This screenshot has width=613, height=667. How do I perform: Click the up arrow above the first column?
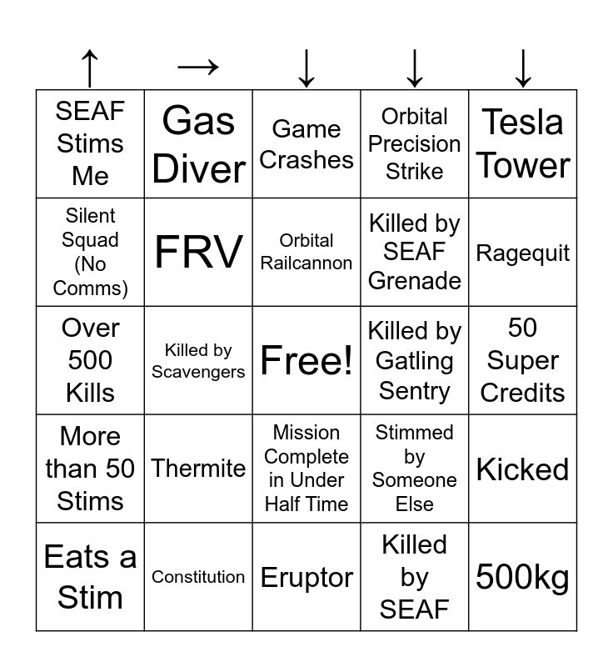click(x=90, y=68)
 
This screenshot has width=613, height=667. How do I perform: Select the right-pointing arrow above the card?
click(x=198, y=67)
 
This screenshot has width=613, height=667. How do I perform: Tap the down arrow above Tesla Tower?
click(x=523, y=68)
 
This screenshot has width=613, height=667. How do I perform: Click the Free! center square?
click(x=306, y=360)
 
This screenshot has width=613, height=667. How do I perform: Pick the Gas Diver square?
click(x=198, y=143)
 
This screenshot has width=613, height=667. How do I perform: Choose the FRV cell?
click(x=198, y=252)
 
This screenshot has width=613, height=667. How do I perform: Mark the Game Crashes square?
click(x=306, y=143)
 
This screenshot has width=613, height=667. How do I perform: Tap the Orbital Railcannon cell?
click(x=306, y=252)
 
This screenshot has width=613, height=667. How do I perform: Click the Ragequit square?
click(x=522, y=252)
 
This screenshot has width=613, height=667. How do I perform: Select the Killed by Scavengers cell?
click(x=198, y=360)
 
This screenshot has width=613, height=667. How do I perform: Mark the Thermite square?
click(x=198, y=469)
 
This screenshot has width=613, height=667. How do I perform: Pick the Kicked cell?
click(x=522, y=469)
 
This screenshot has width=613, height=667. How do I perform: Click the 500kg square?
click(x=522, y=577)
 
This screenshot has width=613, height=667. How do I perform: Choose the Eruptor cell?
click(x=306, y=577)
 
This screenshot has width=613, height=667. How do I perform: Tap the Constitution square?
click(x=198, y=577)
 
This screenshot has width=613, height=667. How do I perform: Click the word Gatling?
click(x=414, y=362)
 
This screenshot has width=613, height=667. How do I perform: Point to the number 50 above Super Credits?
click(x=522, y=328)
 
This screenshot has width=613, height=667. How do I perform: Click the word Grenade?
click(x=415, y=281)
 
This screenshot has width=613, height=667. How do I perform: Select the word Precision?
click(x=414, y=143)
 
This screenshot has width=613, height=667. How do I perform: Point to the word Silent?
click(x=90, y=216)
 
